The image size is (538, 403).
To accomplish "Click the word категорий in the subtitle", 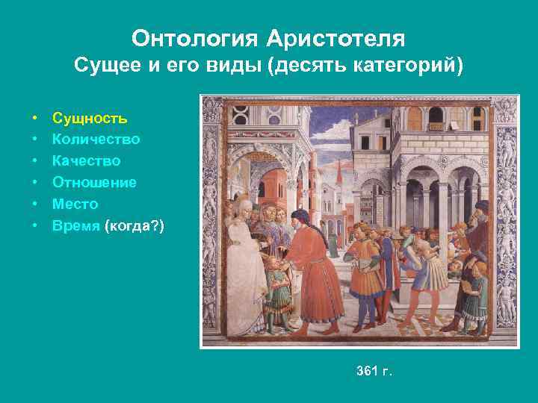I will [x=404, y=66].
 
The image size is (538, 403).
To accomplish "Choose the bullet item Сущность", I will [x=90, y=118].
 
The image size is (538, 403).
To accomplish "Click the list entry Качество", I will [x=86, y=160].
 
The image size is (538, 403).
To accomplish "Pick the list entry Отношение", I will [x=94, y=182].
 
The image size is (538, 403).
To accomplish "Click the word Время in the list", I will [x=76, y=225].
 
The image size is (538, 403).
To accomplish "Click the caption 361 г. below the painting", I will [x=374, y=371].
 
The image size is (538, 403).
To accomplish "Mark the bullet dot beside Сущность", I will [x=35, y=118].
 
